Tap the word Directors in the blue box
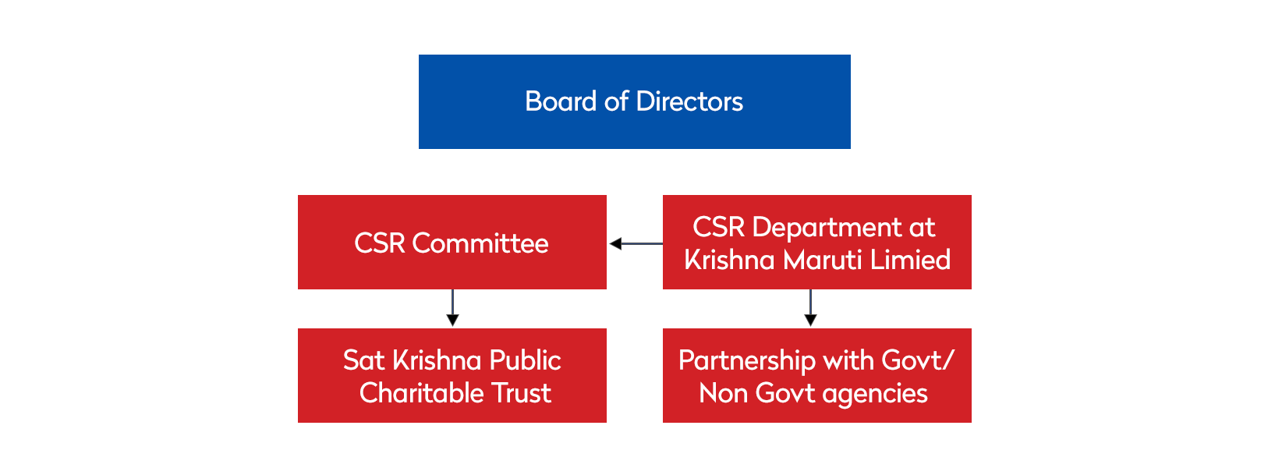tap(689, 101)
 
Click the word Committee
tap(480, 243)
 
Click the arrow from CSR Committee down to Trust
tap(452, 309)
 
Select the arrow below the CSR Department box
tap(810, 309)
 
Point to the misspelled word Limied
tap(910, 260)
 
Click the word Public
tap(524, 360)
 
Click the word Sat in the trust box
tap(363, 360)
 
